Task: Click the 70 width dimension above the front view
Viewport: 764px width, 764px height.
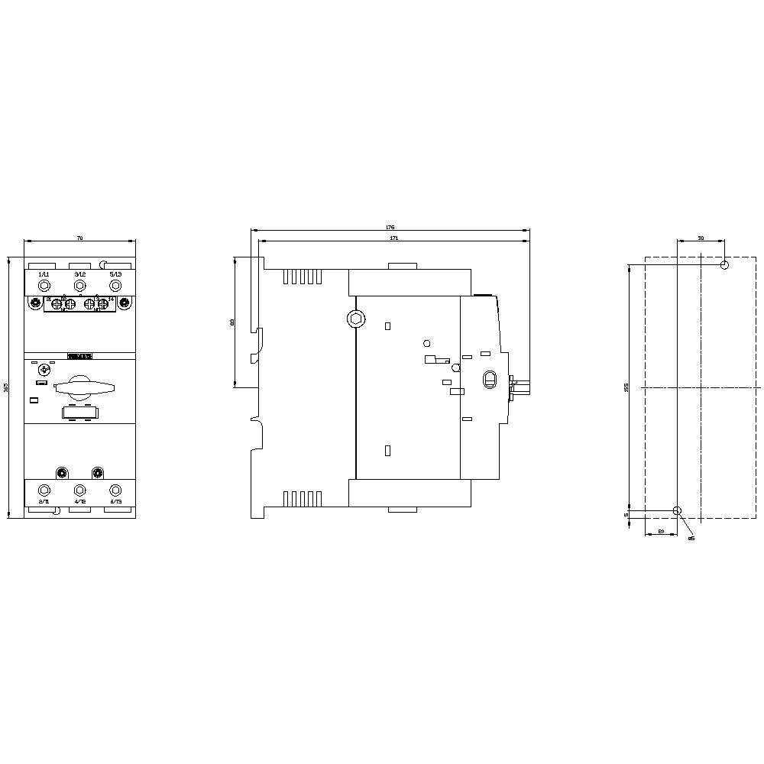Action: [79, 239]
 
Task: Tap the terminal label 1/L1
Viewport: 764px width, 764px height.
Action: [44, 274]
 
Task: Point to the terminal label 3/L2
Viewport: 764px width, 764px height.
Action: [79, 274]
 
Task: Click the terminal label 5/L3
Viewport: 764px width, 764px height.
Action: [115, 274]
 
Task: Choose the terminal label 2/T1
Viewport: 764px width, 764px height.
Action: [44, 502]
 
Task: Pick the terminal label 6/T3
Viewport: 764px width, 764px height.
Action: [115, 502]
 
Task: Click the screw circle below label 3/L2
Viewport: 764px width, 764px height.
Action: [79, 286]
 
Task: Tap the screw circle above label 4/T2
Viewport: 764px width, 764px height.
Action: [79, 490]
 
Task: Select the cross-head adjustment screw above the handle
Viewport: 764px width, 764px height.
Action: [44, 370]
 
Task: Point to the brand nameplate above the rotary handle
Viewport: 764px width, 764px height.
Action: [80, 356]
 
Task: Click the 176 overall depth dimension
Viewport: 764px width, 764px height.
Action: [390, 228]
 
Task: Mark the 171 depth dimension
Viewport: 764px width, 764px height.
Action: [393, 238]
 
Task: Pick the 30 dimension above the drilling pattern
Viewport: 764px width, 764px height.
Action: [701, 238]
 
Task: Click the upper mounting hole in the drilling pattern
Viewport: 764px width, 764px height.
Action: [724, 265]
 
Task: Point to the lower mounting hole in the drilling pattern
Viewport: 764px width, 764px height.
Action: [677, 510]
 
